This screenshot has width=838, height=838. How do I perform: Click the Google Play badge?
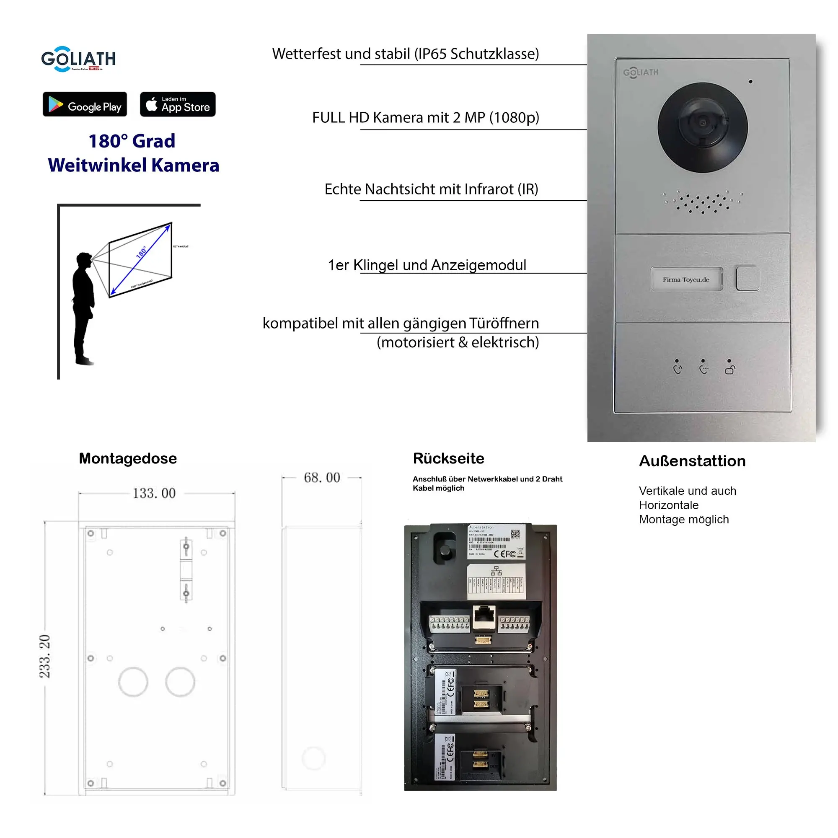(x=85, y=104)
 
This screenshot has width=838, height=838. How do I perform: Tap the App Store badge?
(x=177, y=104)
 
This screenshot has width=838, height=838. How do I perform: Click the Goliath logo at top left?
(x=78, y=59)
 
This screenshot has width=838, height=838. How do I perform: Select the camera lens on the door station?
(x=702, y=124)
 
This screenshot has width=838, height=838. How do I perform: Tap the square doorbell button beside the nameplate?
(x=747, y=278)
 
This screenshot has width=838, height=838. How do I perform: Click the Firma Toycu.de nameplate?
(x=686, y=279)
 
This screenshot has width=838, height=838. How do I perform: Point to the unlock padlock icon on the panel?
(x=730, y=370)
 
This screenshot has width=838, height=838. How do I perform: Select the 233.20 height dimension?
(x=45, y=656)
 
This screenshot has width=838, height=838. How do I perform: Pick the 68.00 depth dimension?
(x=321, y=478)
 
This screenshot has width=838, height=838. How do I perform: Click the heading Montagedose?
(x=127, y=458)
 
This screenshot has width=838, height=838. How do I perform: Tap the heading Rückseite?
(x=448, y=458)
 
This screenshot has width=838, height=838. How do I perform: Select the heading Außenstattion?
(x=692, y=460)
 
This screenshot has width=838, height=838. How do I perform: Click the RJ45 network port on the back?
(x=483, y=616)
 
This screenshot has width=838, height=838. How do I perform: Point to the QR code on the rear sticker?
(x=515, y=533)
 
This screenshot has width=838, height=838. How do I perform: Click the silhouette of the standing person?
(x=83, y=308)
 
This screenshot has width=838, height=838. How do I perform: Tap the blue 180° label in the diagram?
(x=141, y=252)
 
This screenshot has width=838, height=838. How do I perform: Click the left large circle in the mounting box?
(x=133, y=682)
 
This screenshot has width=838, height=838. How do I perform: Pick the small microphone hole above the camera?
(x=750, y=82)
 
